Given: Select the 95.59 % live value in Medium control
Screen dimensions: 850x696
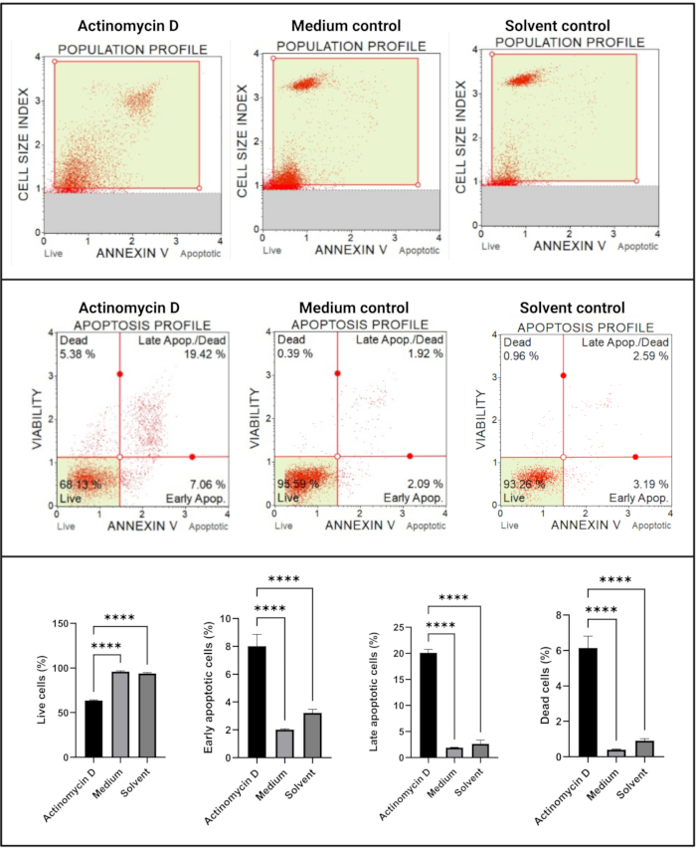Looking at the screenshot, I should [x=297, y=483].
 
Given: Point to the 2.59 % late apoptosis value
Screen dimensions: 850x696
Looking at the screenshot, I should [x=639, y=355].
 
